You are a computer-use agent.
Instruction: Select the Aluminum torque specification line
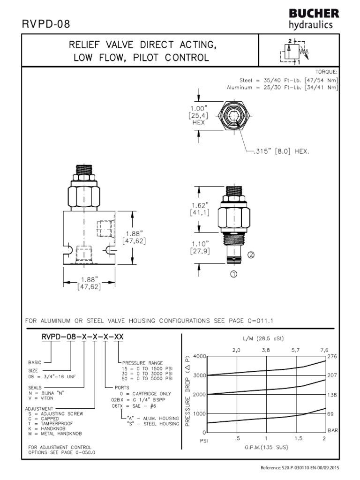(282, 87)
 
